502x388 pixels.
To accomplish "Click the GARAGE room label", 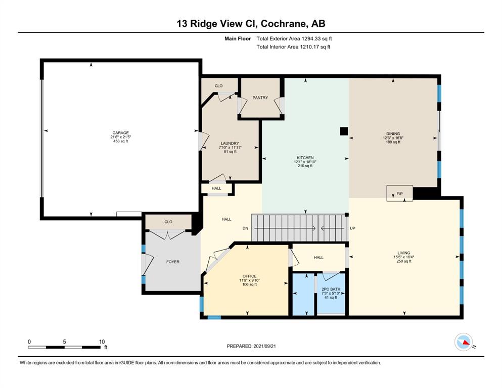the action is (120, 133).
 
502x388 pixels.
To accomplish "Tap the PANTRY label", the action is (260, 98).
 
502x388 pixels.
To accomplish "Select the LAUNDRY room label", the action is (230, 143).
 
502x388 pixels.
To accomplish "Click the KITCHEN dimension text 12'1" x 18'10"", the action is (305, 162).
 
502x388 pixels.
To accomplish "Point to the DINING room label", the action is (393, 134).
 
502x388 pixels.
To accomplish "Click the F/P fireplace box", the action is (399, 193).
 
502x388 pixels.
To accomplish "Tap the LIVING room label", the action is (404, 253).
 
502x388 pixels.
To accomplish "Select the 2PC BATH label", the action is (331, 289).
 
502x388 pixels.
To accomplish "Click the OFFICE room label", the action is (249, 276).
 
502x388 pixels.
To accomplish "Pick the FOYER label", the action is (173, 262).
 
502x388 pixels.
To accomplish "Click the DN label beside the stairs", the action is (245, 228).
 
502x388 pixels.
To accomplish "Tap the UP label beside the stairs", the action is (352, 228).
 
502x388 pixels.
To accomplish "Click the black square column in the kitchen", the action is (344, 131).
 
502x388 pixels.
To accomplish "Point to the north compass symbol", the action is (464, 342).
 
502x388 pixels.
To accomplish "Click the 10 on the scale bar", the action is (102, 342).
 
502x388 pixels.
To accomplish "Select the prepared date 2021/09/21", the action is (265, 346).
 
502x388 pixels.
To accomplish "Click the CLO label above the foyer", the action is (168, 222).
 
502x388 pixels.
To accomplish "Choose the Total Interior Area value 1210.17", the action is (309, 46).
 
